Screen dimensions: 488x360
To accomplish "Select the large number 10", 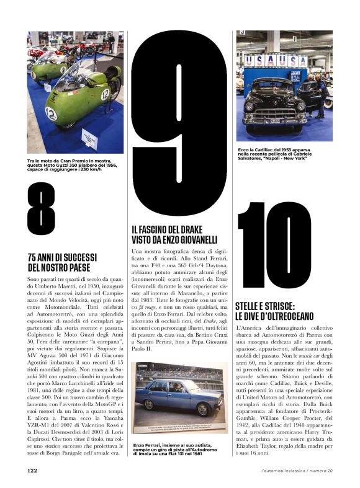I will [x=274, y=244].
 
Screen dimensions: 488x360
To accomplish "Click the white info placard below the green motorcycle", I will [x=89, y=140].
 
